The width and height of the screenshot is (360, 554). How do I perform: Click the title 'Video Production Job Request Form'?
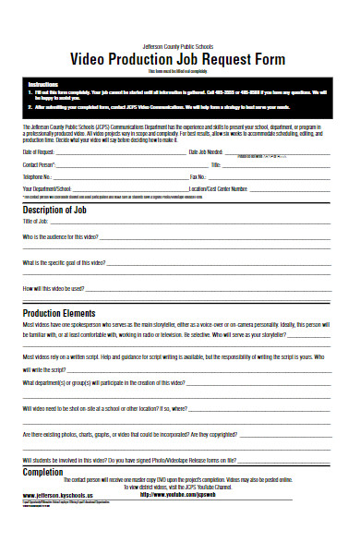coord(179,59)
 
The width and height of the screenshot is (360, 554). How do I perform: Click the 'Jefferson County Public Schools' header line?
coord(179,45)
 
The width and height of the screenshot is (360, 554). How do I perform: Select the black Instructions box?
coord(179,96)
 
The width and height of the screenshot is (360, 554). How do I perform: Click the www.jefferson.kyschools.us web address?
coord(65,495)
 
